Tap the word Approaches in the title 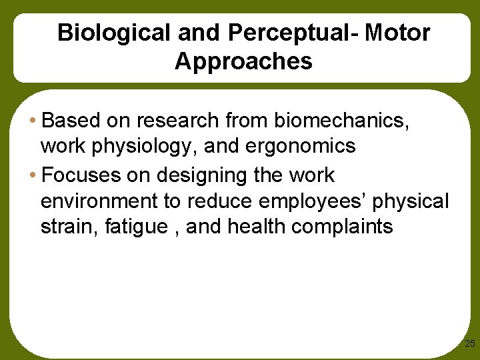[243, 61]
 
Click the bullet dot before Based [33, 121]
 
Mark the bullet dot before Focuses [33, 176]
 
